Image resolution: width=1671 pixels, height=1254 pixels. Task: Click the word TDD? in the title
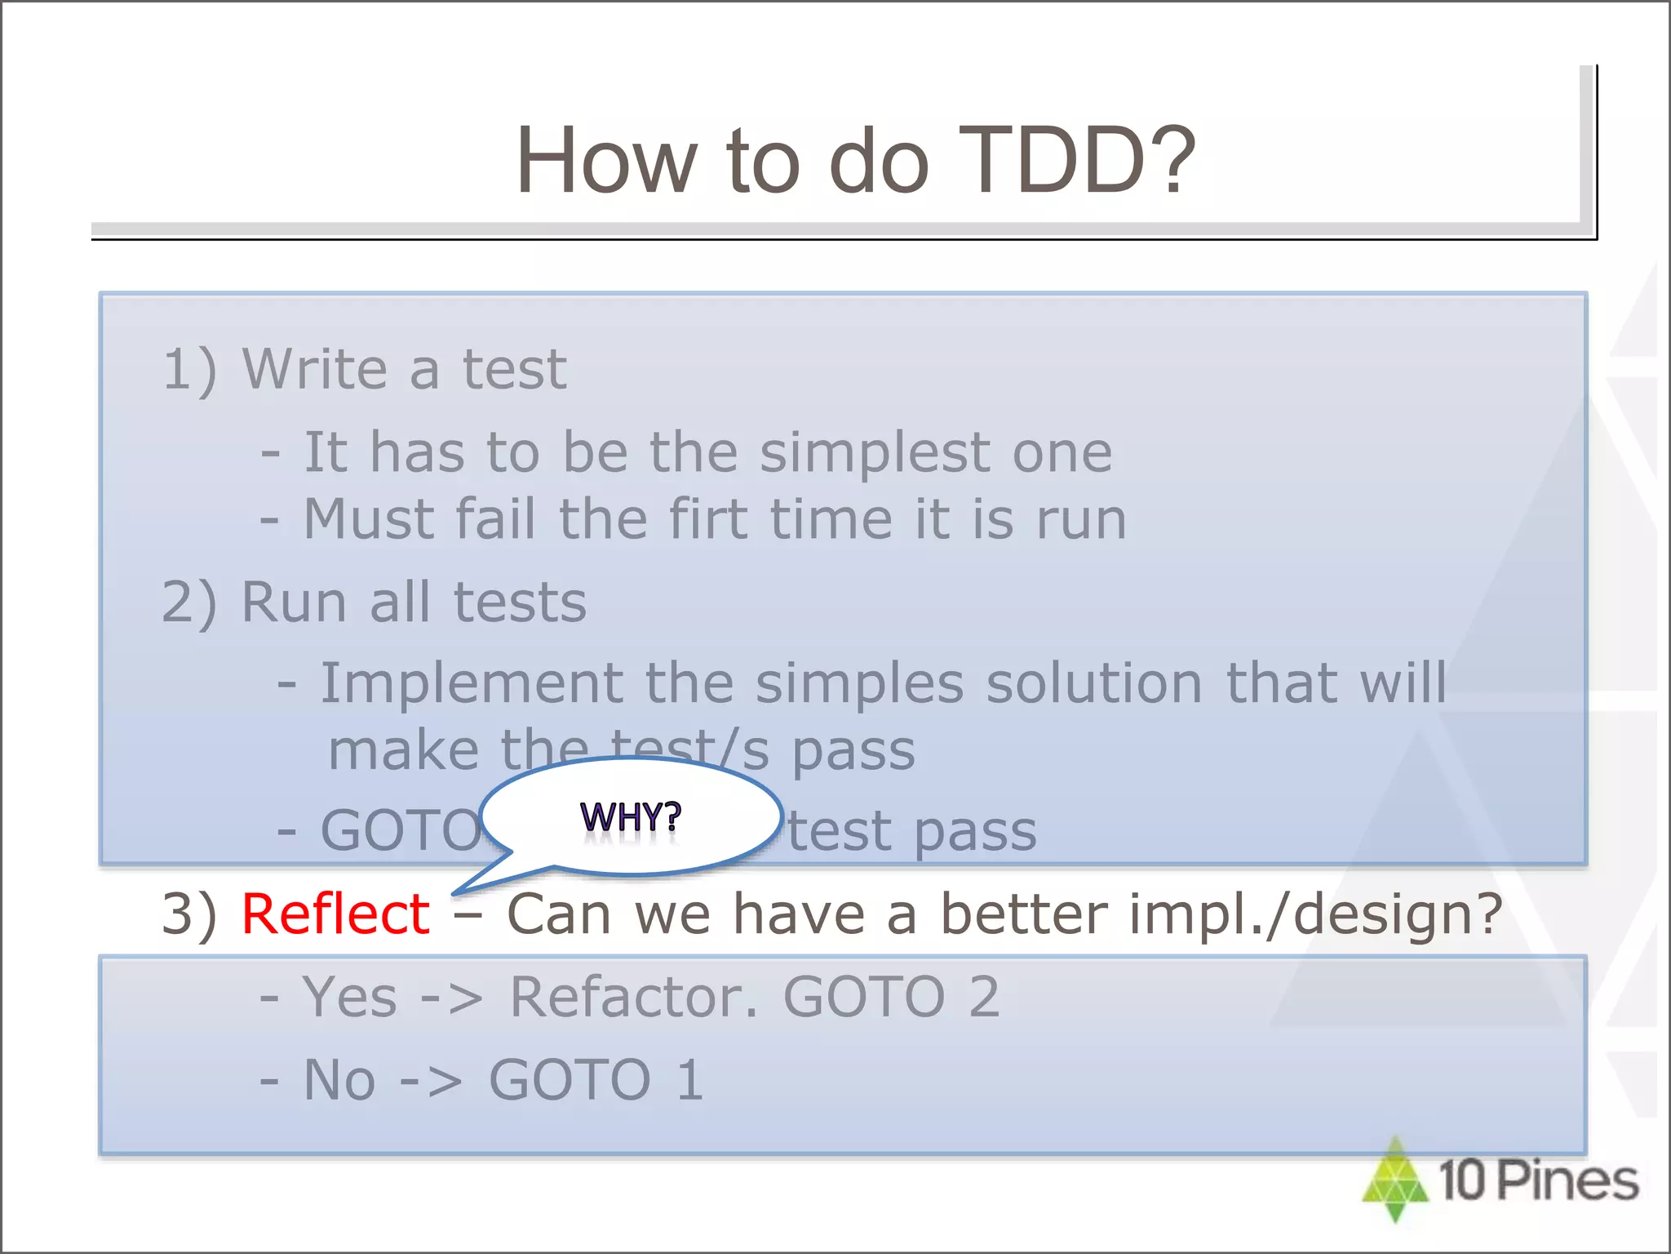tap(1075, 161)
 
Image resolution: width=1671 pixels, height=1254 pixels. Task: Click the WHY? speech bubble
tap(631, 816)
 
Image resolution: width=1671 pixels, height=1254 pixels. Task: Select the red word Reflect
tap(335, 914)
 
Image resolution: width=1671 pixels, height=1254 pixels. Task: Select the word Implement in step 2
tap(471, 683)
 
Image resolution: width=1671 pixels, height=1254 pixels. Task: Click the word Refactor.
tap(634, 997)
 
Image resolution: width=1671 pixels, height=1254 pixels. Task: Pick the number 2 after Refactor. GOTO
tap(984, 997)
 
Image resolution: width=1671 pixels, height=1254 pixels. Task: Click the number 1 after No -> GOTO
tap(690, 1080)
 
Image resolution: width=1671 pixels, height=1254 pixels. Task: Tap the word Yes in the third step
tap(349, 997)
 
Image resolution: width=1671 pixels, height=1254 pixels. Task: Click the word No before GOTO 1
tap(339, 1080)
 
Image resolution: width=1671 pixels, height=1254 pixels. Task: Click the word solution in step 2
tap(1093, 683)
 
